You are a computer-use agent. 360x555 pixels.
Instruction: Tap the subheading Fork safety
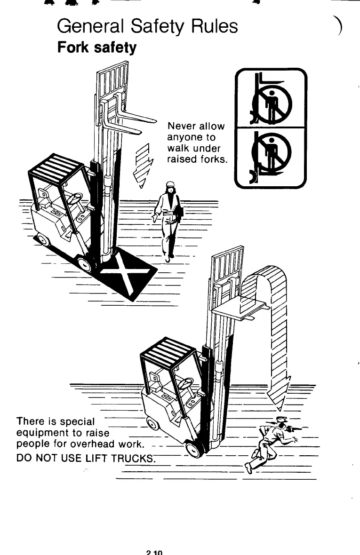pyautogui.click(x=96, y=48)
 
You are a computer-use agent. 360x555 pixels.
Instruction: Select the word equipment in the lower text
pyautogui.click(x=43, y=432)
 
